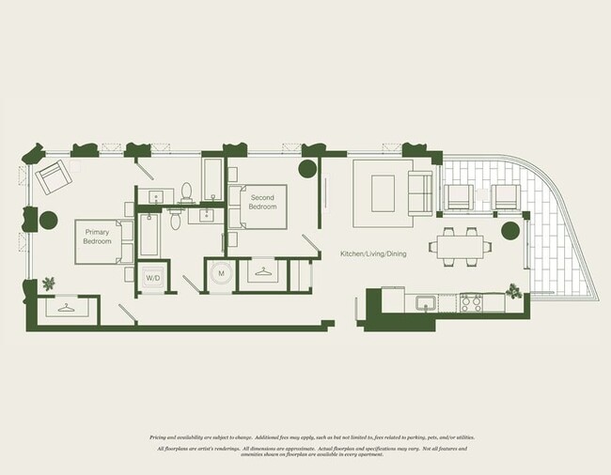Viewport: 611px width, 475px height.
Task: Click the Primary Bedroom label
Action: click(x=98, y=237)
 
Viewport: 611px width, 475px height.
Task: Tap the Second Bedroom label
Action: click(x=263, y=202)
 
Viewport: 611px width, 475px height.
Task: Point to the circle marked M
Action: click(x=221, y=273)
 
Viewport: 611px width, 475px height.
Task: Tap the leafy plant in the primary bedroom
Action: click(x=48, y=283)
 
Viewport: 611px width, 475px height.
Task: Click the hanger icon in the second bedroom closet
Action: click(x=265, y=273)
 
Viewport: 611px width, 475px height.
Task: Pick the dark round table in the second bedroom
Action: click(x=307, y=169)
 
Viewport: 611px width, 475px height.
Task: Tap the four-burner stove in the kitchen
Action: click(x=470, y=303)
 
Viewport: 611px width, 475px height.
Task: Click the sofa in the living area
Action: click(x=420, y=193)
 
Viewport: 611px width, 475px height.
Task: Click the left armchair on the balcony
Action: click(x=459, y=197)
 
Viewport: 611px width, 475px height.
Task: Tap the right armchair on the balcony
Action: click(x=505, y=197)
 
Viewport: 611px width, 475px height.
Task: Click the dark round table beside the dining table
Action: click(x=509, y=231)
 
